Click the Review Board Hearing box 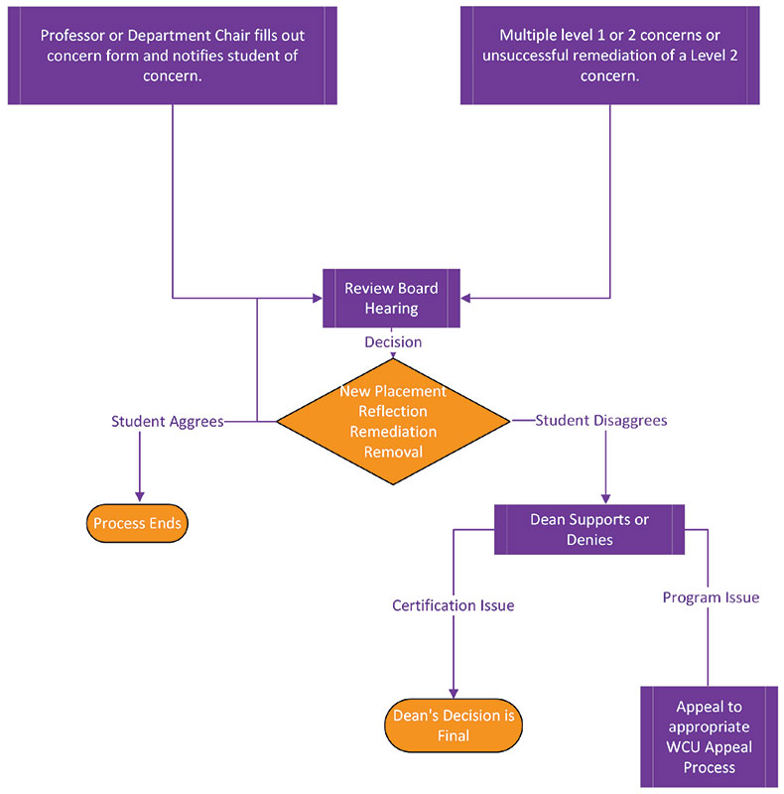click(391, 298)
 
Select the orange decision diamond click(393, 422)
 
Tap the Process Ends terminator click(138, 523)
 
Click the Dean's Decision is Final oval click(453, 726)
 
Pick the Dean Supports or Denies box click(589, 529)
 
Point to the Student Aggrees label click(167, 421)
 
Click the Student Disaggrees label click(600, 421)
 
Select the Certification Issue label click(453, 605)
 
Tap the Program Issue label click(711, 597)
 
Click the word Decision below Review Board click(393, 342)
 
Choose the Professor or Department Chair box click(173, 54)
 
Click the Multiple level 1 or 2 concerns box click(609, 54)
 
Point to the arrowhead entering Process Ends click(139, 497)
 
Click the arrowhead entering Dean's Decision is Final click(454, 695)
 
